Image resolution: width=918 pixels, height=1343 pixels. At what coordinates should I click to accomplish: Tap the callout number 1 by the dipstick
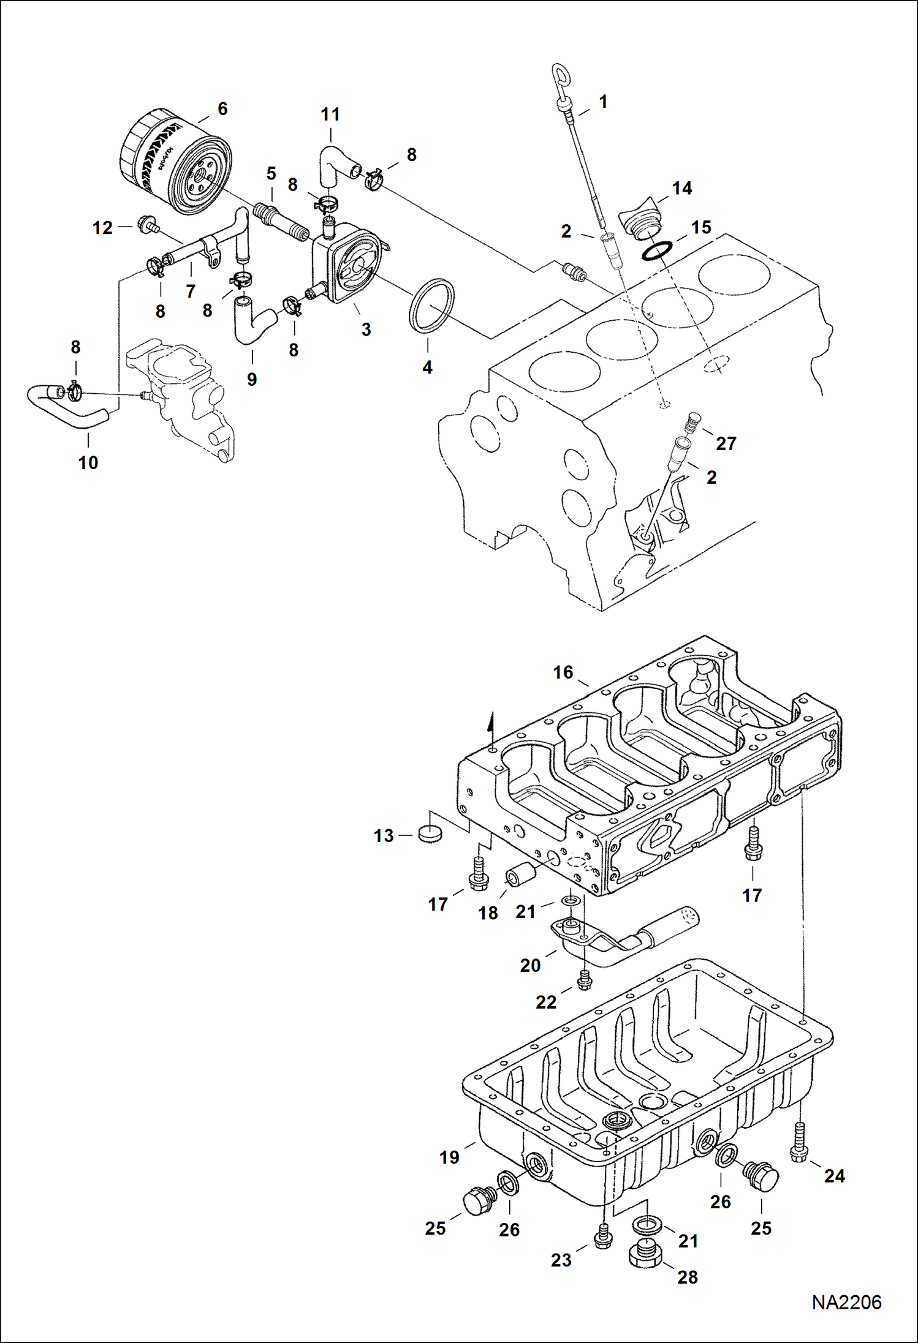click(603, 102)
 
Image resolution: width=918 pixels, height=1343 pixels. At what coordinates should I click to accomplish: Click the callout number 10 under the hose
click(88, 463)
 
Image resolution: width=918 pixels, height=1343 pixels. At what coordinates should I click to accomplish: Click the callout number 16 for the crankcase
click(563, 672)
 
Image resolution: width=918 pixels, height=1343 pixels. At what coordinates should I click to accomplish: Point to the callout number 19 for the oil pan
click(449, 1157)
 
